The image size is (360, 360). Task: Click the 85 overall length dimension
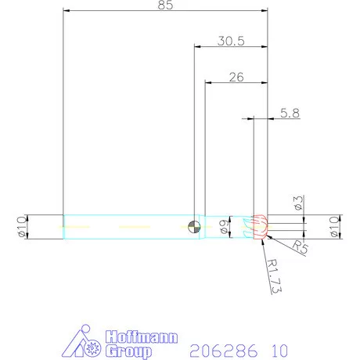coord(165,5)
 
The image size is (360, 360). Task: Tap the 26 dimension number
coord(236,77)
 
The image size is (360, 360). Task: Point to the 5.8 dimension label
coord(290,113)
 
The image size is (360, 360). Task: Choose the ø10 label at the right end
coord(335,228)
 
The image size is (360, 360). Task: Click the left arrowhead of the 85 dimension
coord(67,12)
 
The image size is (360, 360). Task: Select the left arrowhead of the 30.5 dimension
coord(197,48)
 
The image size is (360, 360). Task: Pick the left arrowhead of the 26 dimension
coord(208,82)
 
